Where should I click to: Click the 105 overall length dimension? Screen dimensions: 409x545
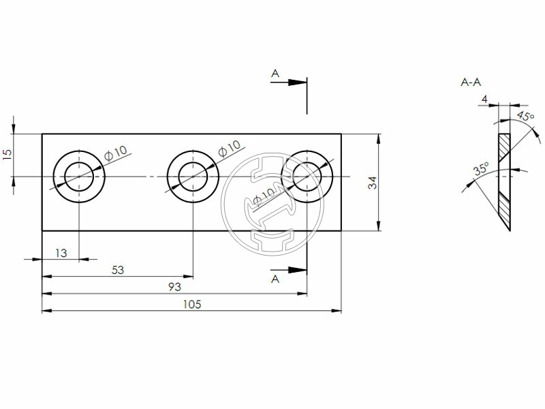coord(191,304)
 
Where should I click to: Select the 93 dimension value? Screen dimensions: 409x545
coord(175,287)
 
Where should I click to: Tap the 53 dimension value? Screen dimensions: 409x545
coord(117,270)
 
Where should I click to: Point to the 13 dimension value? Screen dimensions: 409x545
coord(61,253)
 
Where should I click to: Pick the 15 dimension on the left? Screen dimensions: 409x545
coord(7,154)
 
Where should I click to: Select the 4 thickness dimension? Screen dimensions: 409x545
coord(484,100)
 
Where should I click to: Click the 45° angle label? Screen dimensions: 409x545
coord(525,117)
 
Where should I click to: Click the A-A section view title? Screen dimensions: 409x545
coord(471,82)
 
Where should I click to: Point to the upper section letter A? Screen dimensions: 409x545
coord(275,72)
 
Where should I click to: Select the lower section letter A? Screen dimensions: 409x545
coord(275,279)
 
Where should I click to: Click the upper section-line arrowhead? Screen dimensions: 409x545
coord(297,82)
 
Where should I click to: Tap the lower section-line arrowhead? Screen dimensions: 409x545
coord(297,270)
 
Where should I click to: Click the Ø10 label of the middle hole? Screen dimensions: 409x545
coord(229,148)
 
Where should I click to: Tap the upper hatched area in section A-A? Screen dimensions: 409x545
coord(504,147)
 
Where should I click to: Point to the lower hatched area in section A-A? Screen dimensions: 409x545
coord(505,210)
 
